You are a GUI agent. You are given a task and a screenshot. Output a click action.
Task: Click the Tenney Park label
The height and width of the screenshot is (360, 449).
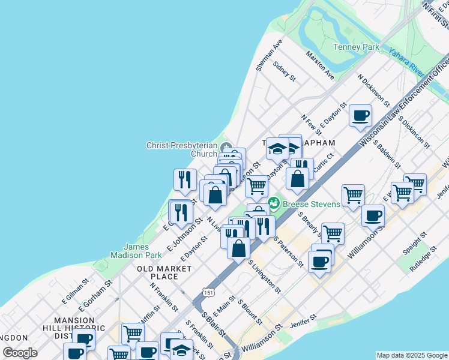coord(357,47)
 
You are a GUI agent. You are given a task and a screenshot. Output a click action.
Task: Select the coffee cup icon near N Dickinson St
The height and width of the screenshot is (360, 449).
coord(361,115)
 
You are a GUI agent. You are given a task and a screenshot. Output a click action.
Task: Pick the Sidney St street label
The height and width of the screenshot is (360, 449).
coord(284,71)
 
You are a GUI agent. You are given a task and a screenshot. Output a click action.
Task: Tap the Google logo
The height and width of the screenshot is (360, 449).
coord(20,353)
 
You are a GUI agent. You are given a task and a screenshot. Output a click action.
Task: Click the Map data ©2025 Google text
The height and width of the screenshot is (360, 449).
coord(411,355)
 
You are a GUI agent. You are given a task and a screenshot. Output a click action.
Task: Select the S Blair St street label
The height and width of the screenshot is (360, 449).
coord(212,323)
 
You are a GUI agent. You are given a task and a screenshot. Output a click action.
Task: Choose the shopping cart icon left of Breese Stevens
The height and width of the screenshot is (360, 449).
coord(257,185)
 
